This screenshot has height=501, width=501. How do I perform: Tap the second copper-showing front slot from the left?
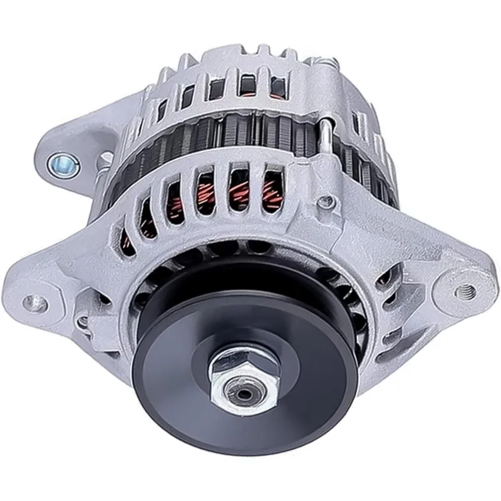point(177,200)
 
